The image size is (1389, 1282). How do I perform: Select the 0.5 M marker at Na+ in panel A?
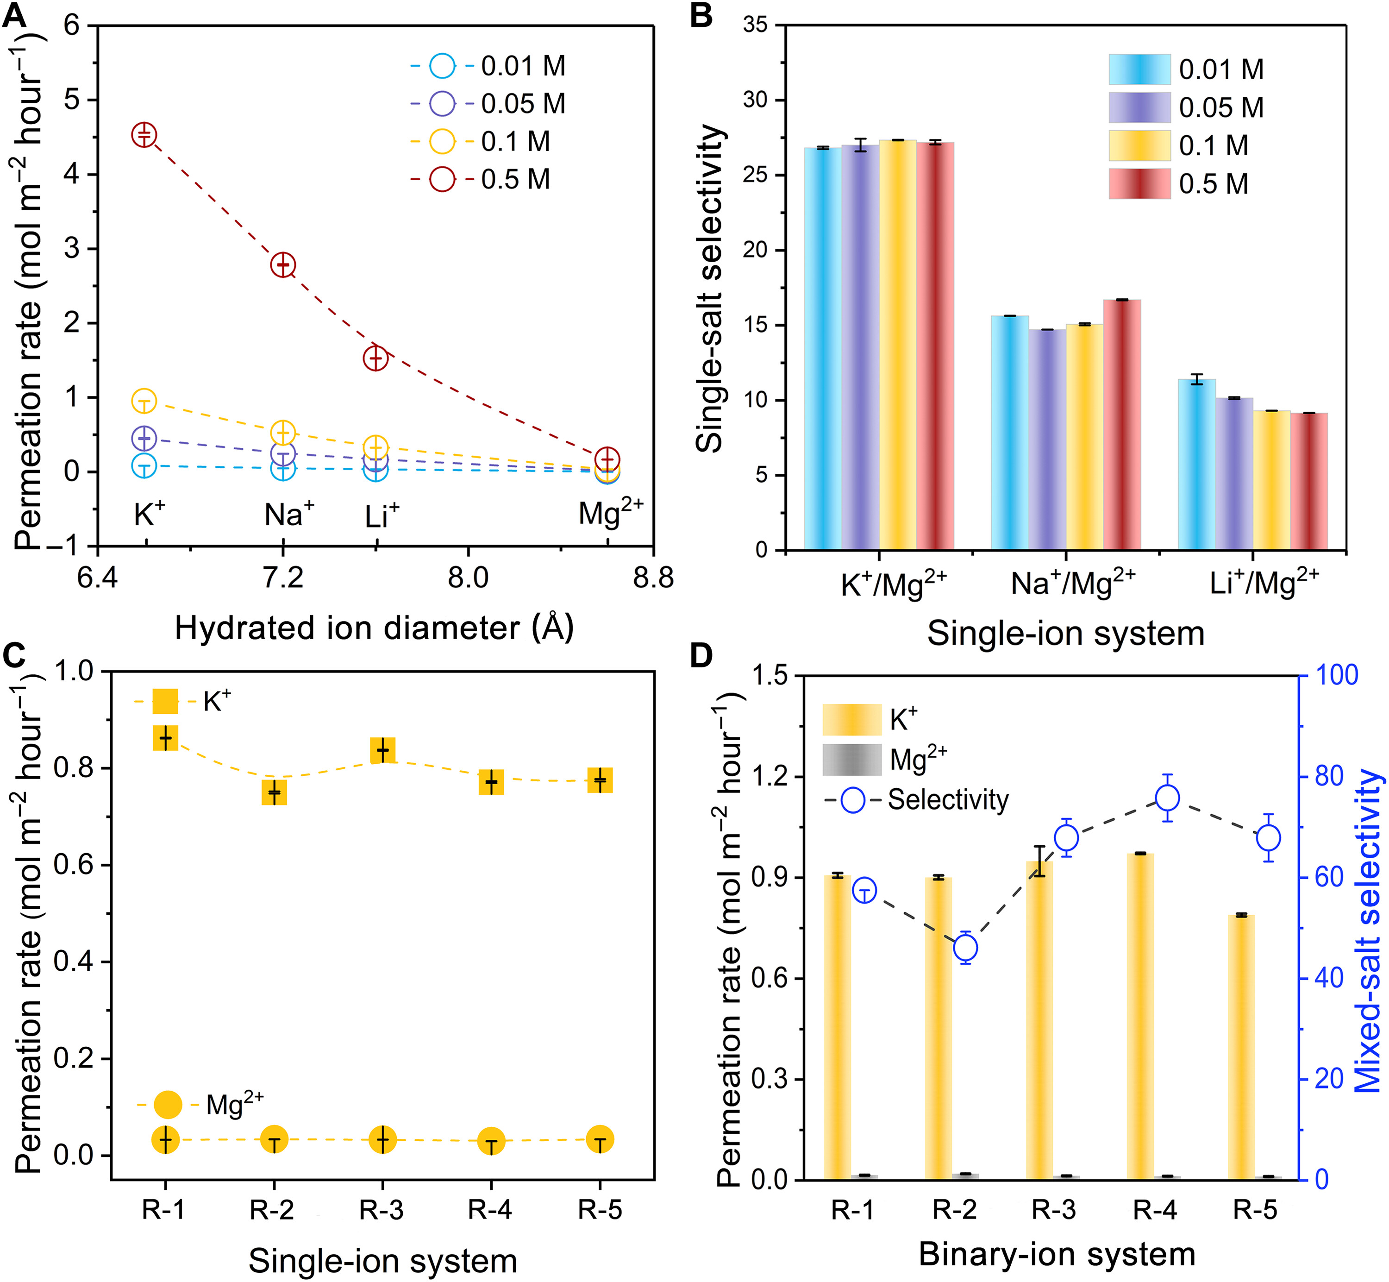283,264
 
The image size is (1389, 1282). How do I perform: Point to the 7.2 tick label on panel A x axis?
283,577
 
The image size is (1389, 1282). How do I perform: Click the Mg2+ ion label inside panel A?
610,513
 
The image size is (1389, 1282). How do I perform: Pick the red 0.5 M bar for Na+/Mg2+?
1121,425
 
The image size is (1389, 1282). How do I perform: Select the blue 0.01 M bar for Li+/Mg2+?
1196,465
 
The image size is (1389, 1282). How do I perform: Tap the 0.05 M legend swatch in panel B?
1139,107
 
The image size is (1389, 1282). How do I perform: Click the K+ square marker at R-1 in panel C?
166,738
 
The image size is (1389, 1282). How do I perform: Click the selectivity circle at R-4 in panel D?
1168,798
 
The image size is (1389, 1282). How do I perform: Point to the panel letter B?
702,15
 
